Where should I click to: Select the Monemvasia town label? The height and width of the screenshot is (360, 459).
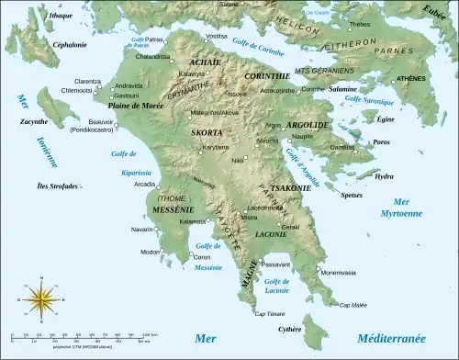[x=340, y=273]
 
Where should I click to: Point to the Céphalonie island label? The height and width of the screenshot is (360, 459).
[x=44, y=44]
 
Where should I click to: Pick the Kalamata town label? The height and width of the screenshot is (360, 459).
[x=193, y=221]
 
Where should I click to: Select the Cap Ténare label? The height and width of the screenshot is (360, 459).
[x=268, y=313]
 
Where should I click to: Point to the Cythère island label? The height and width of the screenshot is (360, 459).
[x=290, y=328]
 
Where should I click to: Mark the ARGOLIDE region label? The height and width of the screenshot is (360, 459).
[x=308, y=123]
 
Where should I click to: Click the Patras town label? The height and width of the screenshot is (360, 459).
[x=154, y=39]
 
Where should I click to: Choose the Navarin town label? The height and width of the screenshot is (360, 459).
[x=141, y=229]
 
